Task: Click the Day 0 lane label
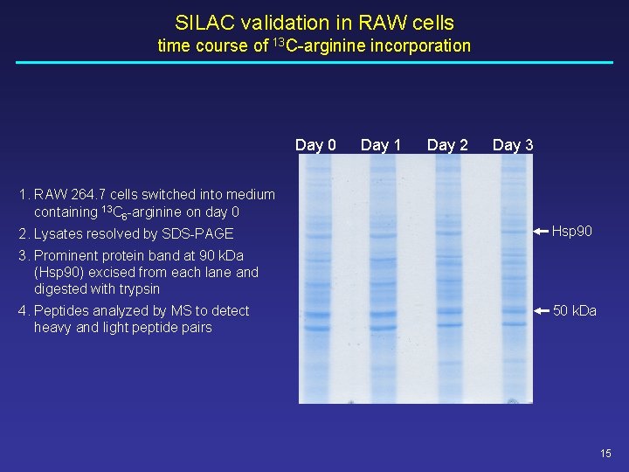click(x=315, y=145)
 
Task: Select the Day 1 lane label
click(x=381, y=145)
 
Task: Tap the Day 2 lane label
click(x=447, y=145)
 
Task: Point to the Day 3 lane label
click(x=513, y=145)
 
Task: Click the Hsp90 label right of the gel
click(x=572, y=231)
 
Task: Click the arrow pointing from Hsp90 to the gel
click(x=541, y=231)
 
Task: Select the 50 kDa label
click(x=574, y=310)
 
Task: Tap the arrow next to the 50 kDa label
click(x=541, y=310)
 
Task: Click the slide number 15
click(x=606, y=453)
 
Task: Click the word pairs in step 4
click(x=194, y=327)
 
